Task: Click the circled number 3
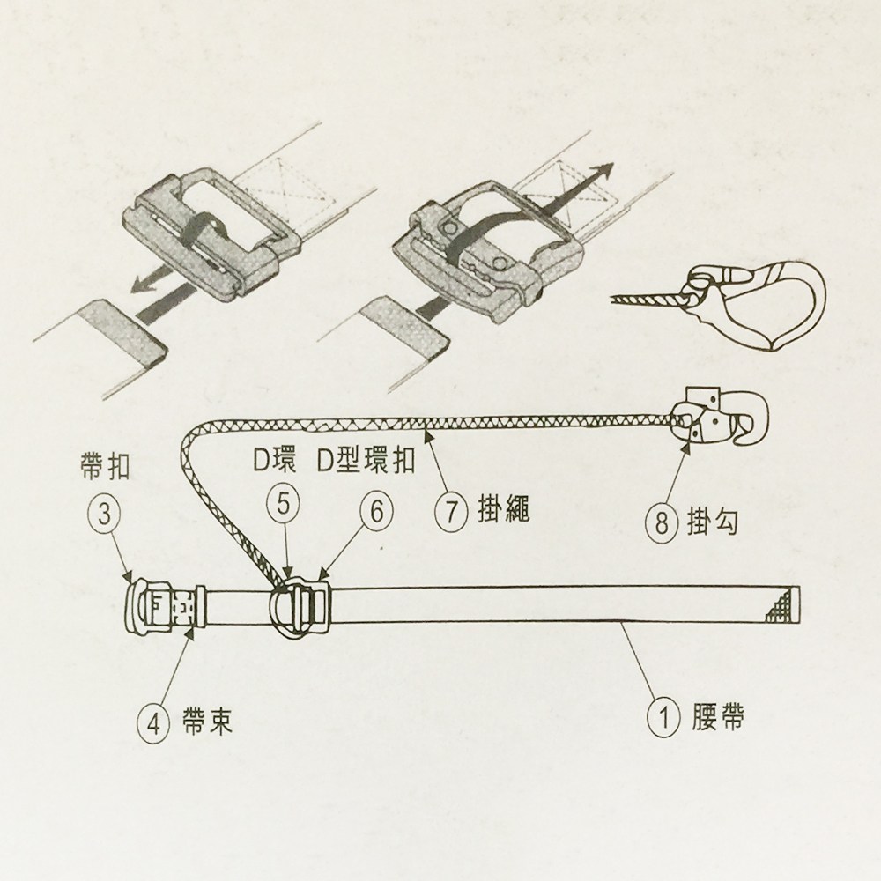[105, 515]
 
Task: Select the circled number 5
[284, 504]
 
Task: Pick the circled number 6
[376, 511]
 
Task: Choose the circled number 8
[662, 523]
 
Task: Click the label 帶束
[207, 721]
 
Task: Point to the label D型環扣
[366, 462]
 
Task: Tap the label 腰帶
[717, 717]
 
